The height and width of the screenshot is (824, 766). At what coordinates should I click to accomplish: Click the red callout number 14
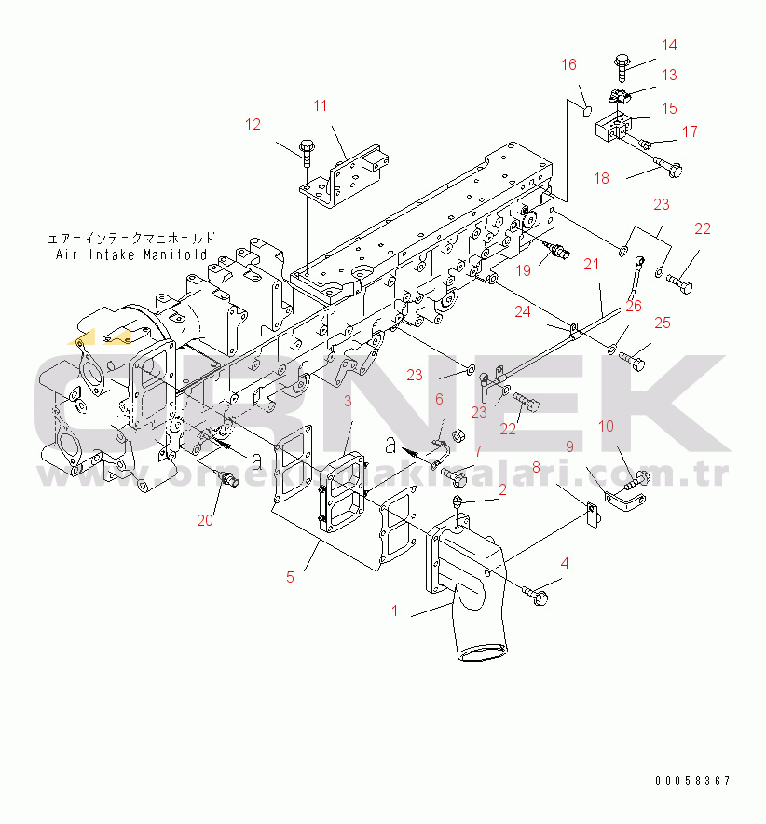pos(669,45)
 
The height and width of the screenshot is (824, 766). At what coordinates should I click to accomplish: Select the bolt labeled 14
pos(622,64)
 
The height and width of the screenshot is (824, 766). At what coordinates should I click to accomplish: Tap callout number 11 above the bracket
pos(320,106)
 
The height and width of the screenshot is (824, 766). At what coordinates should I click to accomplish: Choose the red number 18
pos(601,178)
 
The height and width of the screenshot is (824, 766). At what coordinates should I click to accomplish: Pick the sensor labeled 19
pos(556,251)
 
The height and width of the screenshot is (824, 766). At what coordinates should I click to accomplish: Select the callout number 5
pos(290,577)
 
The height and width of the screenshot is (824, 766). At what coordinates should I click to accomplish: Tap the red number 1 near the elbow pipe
pos(395,611)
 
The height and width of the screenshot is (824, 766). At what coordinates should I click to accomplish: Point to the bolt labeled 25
pos(636,357)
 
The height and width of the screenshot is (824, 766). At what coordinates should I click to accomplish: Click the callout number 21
pos(592,265)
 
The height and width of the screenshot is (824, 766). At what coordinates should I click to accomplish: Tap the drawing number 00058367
pos(691,781)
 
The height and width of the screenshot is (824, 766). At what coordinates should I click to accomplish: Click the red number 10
pos(606,427)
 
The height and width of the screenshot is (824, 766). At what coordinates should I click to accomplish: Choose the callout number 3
pos(347,402)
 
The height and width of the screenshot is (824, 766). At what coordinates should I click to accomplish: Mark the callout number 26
pos(634,305)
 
